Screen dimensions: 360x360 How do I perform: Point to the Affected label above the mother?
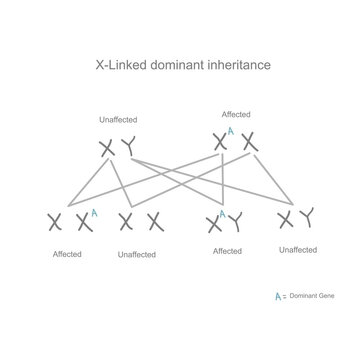[235, 114]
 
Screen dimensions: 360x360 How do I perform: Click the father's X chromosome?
[108, 149]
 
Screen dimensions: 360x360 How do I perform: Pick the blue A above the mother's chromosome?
[230, 131]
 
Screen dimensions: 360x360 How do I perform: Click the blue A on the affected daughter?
[94, 211]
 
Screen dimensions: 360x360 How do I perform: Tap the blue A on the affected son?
[218, 213]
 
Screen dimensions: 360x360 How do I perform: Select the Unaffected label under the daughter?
[136, 254]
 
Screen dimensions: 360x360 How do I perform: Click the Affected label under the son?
[228, 251]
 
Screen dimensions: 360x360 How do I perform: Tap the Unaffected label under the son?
[298, 249]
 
